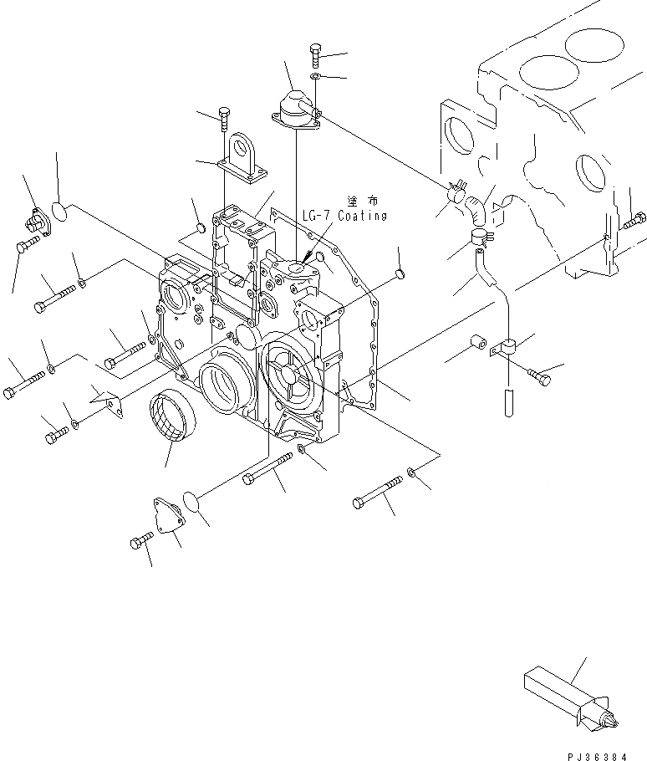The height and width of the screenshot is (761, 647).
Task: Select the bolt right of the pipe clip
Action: point(540,378)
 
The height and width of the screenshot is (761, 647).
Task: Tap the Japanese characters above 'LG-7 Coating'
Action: point(360,201)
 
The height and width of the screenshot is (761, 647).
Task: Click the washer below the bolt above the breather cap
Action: point(313,78)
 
